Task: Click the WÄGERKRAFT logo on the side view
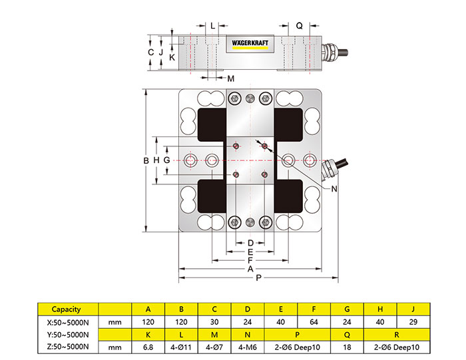tap(250, 43)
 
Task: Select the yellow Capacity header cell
tap(67, 309)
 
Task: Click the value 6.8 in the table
tap(148, 347)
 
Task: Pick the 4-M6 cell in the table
tap(248, 347)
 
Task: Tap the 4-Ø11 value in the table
tap(181, 347)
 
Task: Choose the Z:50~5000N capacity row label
tap(67, 347)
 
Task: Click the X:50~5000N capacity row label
tap(67, 322)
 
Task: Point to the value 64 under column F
tap(314, 322)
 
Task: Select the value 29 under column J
tap(414, 322)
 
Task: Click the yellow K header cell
tap(148, 334)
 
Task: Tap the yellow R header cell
tap(397, 334)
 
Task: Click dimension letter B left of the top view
tap(146, 160)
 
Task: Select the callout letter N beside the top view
tap(334, 189)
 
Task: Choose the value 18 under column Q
tap(348, 347)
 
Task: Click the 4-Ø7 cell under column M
tap(214, 347)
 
